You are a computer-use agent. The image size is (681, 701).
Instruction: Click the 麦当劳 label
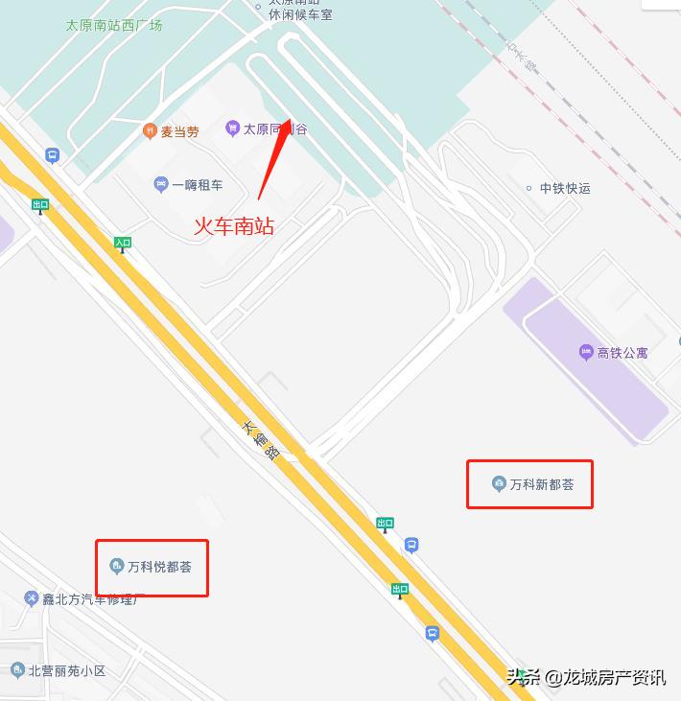coord(179,131)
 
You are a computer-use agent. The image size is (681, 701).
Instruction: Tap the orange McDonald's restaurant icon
coord(149,130)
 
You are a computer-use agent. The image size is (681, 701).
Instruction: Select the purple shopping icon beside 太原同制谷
coord(232,128)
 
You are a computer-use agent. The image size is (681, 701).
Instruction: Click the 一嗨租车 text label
coord(198,185)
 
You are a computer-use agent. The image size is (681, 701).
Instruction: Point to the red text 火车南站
coord(234,226)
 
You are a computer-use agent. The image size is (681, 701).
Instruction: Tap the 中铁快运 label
coord(565,188)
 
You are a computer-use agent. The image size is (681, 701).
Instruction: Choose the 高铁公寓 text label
coord(622,353)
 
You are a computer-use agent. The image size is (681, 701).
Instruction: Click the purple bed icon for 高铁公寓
coord(586,353)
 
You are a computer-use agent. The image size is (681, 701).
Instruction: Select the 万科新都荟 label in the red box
coord(542,484)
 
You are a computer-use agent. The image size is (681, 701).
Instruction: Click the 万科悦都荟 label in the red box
coord(159,567)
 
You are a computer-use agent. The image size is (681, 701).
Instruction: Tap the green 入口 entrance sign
coord(122,244)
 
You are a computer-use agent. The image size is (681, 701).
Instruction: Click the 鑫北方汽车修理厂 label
coord(91,599)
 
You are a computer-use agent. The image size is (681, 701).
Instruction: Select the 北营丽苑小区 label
coord(67,671)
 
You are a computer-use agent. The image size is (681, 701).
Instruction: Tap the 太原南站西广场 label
coord(113,26)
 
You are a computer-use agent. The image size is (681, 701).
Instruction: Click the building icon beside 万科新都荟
coord(499,483)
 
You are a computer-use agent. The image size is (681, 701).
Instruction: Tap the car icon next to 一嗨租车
coord(161,184)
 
